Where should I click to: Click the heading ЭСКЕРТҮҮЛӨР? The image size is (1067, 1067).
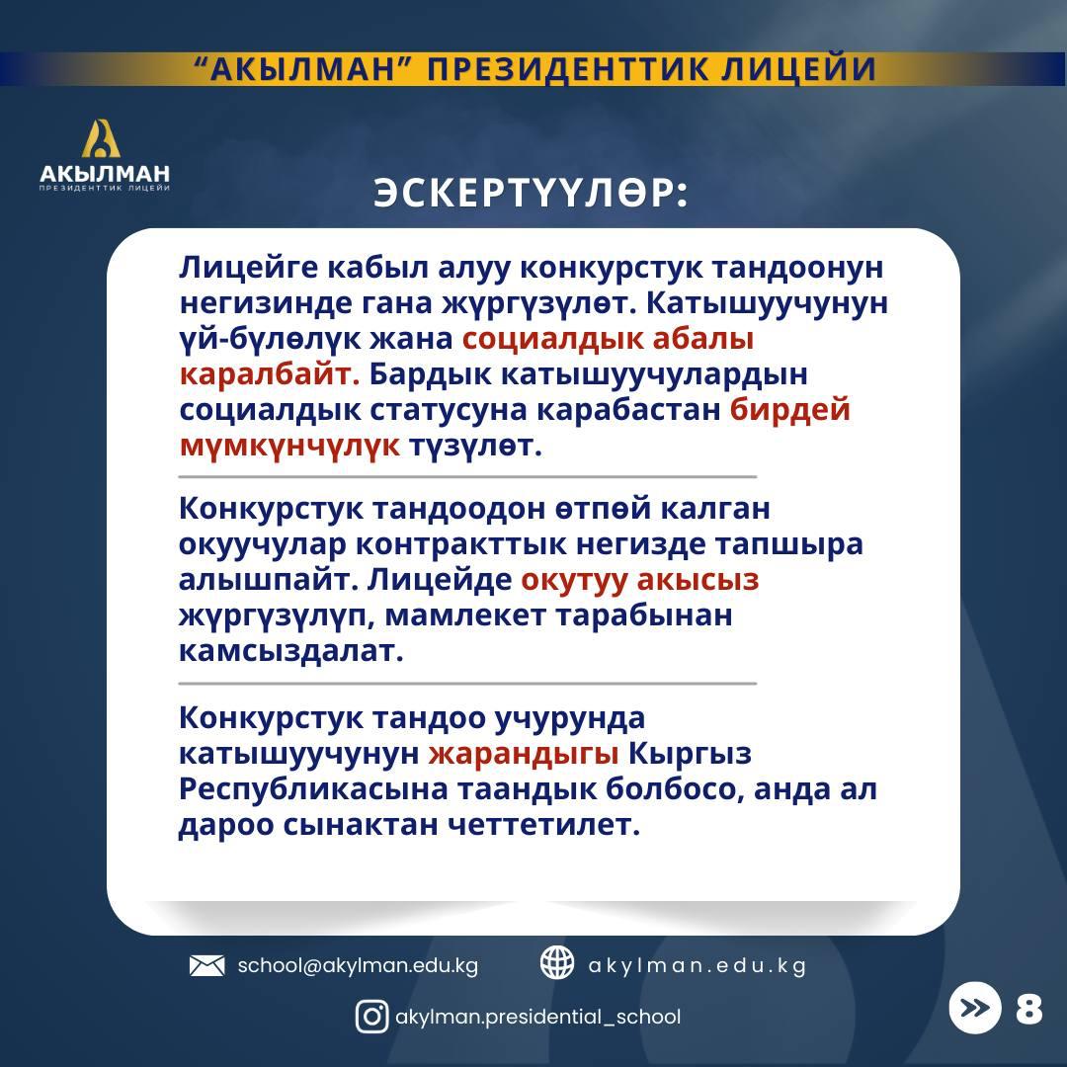[x=531, y=194]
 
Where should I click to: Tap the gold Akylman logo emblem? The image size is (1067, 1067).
[x=101, y=139]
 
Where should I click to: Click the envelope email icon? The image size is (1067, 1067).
[x=206, y=965]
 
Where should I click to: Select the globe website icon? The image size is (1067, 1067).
[x=556, y=963]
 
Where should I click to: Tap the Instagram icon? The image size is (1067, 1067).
[x=372, y=1017]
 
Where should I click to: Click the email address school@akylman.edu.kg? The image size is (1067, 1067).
[x=358, y=965]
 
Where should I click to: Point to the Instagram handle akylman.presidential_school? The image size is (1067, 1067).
[x=537, y=1017]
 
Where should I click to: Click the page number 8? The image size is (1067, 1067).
[x=1028, y=1009]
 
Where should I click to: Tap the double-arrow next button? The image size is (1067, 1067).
[x=975, y=1008]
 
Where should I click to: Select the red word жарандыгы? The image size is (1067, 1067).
[x=524, y=754]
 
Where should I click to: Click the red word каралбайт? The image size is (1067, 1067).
[x=270, y=374]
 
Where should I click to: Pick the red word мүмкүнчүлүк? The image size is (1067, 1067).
[x=289, y=447]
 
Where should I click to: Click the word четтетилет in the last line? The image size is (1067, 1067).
[x=544, y=825]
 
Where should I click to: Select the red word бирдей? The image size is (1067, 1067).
[x=790, y=410]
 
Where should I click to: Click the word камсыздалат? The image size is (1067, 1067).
[x=291, y=651]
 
